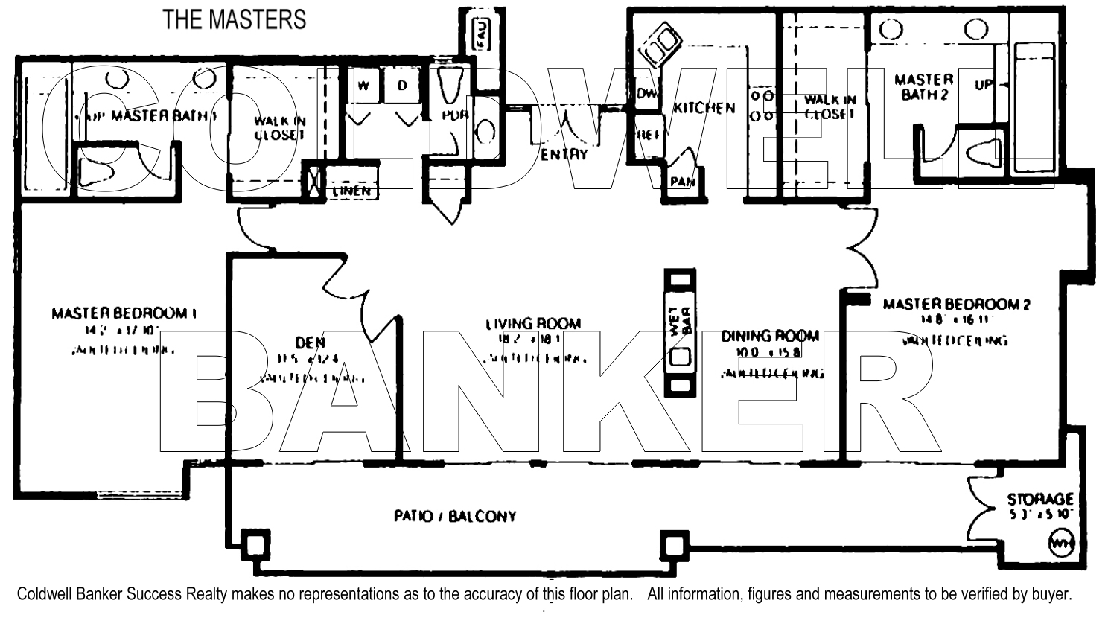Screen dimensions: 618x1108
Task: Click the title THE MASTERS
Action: (235, 19)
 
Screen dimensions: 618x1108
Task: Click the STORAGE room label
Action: (1040, 499)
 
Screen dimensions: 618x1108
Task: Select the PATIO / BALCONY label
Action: (454, 516)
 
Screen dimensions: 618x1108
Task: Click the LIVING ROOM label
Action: (532, 324)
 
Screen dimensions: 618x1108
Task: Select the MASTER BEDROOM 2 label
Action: (956, 304)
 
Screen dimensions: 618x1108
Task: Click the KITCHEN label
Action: (704, 108)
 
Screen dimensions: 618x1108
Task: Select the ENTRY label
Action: (564, 154)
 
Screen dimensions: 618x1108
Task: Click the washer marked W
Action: (363, 86)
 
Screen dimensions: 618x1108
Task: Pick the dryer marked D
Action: (402, 86)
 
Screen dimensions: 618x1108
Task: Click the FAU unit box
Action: (481, 34)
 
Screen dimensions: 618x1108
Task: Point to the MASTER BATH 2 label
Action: (923, 86)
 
